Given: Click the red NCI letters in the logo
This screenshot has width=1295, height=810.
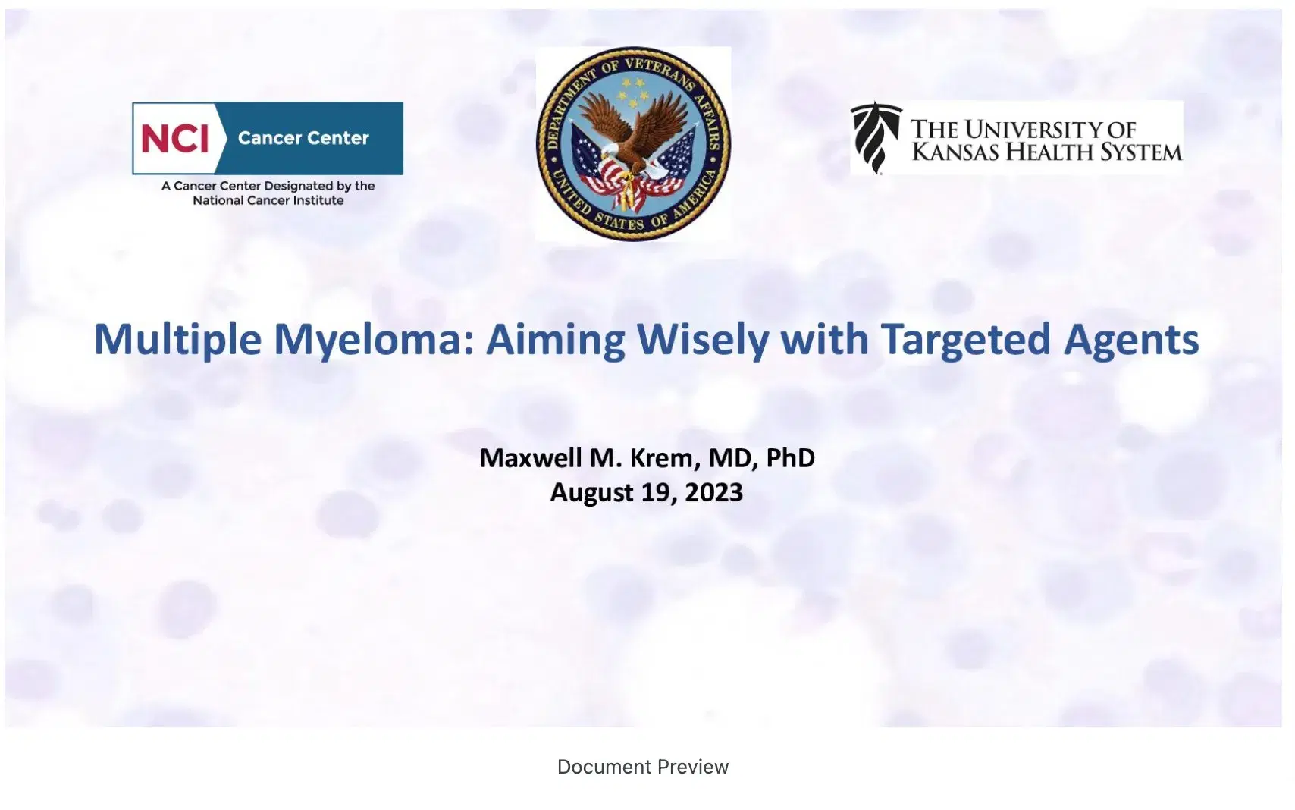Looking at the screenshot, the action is (174, 139).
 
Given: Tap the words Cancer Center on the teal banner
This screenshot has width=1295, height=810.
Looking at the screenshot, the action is (303, 138).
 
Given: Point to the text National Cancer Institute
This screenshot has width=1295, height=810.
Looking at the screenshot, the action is (268, 201).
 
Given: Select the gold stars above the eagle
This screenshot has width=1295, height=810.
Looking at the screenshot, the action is (633, 93).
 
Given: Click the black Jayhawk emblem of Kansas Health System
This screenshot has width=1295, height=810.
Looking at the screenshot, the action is (876, 137).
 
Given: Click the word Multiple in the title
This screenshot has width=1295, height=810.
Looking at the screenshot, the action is (177, 340).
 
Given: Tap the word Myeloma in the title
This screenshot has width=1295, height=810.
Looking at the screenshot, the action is (374, 341).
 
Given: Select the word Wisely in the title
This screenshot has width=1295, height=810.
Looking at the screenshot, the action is (702, 341).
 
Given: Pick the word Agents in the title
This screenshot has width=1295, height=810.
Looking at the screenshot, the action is (1131, 342).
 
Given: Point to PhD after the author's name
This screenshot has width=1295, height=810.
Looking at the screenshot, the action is (790, 457).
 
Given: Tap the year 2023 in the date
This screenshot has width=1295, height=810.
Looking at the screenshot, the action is (713, 492).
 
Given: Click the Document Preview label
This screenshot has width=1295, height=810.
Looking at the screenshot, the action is (643, 767).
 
